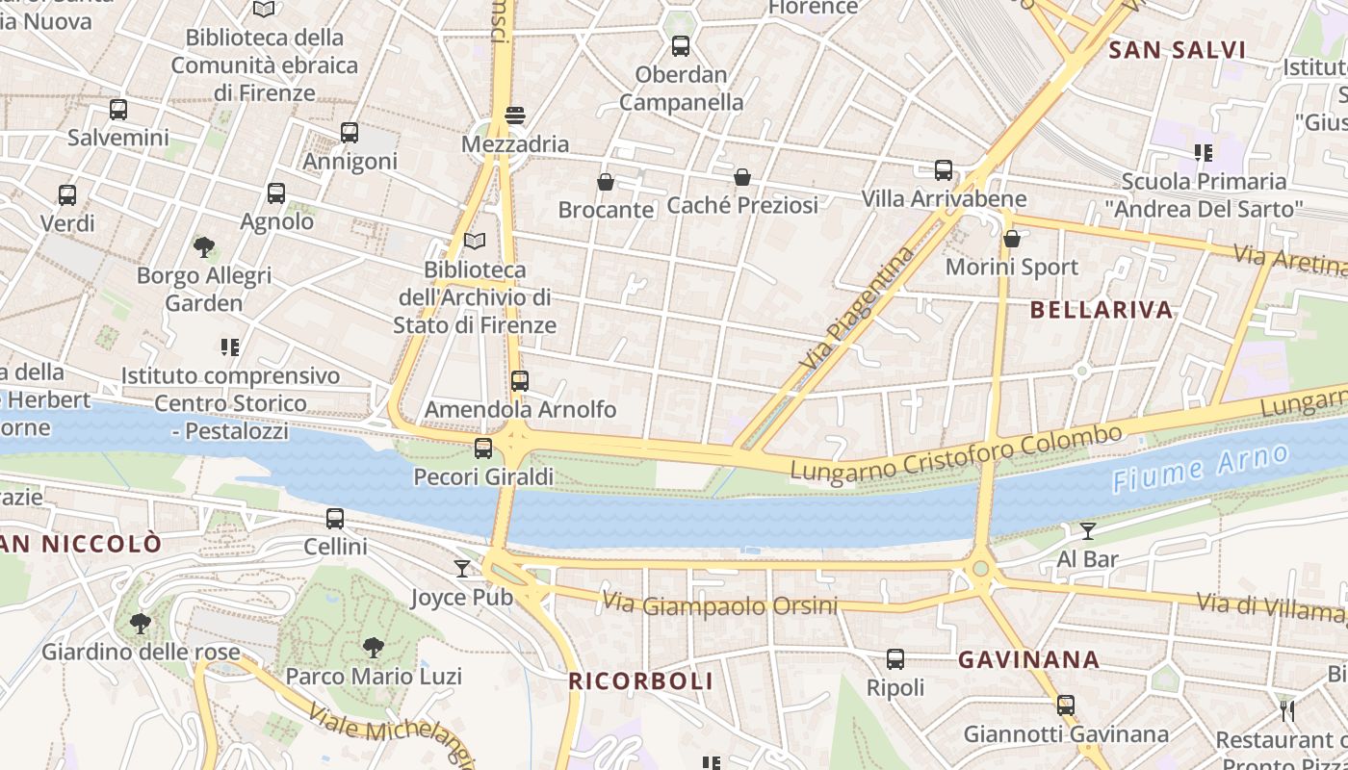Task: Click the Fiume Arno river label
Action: [x=1199, y=469]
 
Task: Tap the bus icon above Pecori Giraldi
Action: [x=483, y=449]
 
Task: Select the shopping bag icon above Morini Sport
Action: [x=1011, y=238]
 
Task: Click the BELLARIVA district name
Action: [x=1102, y=310]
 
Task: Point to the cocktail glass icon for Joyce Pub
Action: [x=462, y=569]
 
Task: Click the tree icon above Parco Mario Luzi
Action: [x=373, y=648]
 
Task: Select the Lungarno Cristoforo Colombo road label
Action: [x=956, y=452]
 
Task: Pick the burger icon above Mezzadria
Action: [x=515, y=115]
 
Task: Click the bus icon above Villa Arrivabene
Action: [x=944, y=170]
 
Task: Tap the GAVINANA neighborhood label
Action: [x=1028, y=659]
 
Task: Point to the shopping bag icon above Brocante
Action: [x=606, y=181]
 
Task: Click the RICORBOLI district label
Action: [x=640, y=681]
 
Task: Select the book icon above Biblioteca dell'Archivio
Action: [x=475, y=241]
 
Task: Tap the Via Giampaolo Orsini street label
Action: [x=719, y=605]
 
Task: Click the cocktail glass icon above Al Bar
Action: [x=1088, y=530]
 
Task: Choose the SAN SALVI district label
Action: [x=1177, y=50]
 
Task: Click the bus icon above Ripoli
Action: [x=895, y=659]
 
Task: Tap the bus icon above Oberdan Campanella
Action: [x=681, y=45]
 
